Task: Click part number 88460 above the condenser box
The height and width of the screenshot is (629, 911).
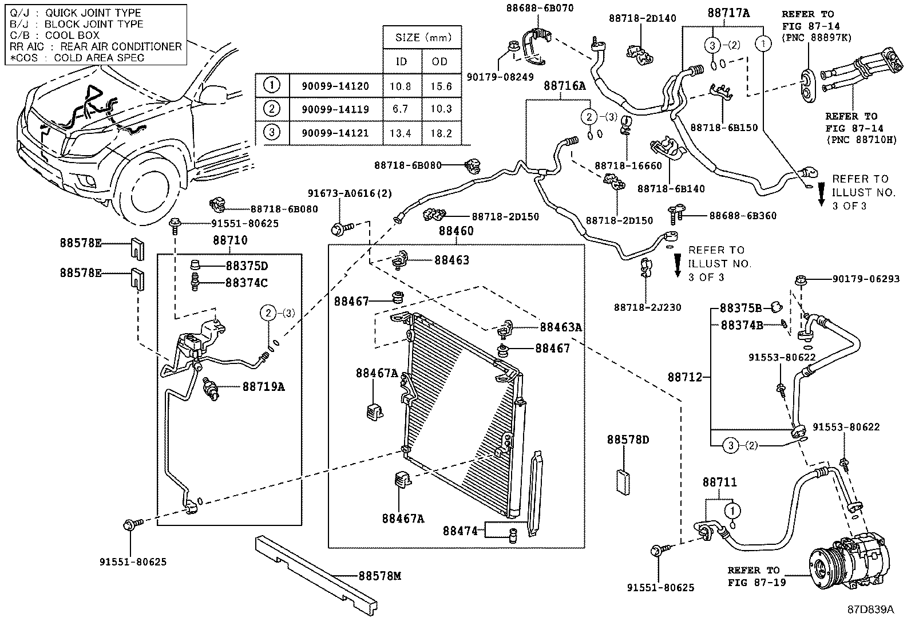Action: tap(456, 231)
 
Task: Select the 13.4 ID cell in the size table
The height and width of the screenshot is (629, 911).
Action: tap(401, 133)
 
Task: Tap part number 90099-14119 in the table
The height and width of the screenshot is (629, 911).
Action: tap(335, 109)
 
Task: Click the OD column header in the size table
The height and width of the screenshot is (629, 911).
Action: tap(440, 61)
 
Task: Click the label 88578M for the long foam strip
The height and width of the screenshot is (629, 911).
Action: tap(380, 576)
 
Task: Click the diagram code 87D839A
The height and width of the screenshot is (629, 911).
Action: tap(870, 609)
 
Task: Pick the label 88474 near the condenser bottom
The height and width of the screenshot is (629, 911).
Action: tap(460, 531)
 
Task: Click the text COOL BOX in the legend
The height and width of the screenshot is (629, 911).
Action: tap(72, 35)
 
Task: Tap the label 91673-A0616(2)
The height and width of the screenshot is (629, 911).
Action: tap(350, 193)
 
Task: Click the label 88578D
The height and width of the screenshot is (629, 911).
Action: tap(628, 440)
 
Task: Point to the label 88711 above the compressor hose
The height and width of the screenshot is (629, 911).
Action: tap(720, 482)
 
